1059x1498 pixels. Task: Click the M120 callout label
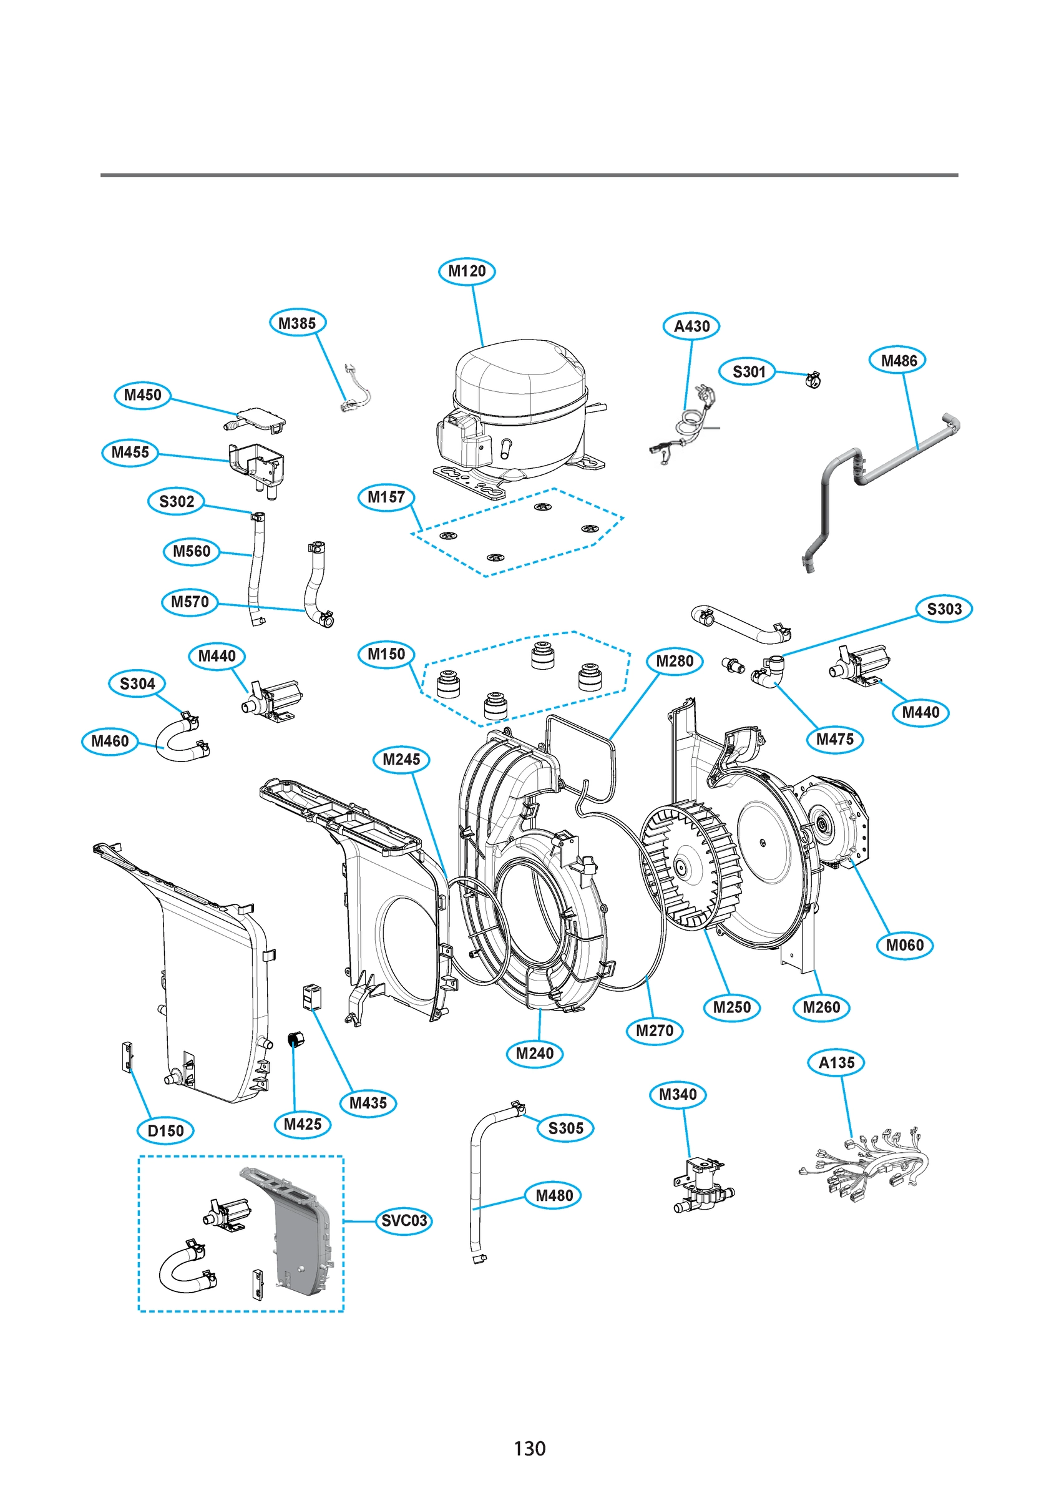pos(467,271)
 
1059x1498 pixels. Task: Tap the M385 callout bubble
pos(297,323)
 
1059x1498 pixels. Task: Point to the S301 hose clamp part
pos(813,378)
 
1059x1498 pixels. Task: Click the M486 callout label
pos(898,360)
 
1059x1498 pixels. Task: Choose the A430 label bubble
pos(691,326)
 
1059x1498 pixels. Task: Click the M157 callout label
pos(386,498)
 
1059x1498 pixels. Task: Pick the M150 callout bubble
pos(386,654)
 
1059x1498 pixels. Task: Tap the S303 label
pos(944,609)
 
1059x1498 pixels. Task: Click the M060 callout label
pos(904,946)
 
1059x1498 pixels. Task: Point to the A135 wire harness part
pos(864,1168)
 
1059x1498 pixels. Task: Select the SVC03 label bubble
pos(404,1221)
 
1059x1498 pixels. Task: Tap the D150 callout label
pos(166,1130)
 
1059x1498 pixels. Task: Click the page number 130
pos(529,1449)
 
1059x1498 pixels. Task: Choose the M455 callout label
pos(130,452)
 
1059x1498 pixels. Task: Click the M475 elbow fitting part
pos(769,672)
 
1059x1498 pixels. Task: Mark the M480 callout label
pos(554,1195)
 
